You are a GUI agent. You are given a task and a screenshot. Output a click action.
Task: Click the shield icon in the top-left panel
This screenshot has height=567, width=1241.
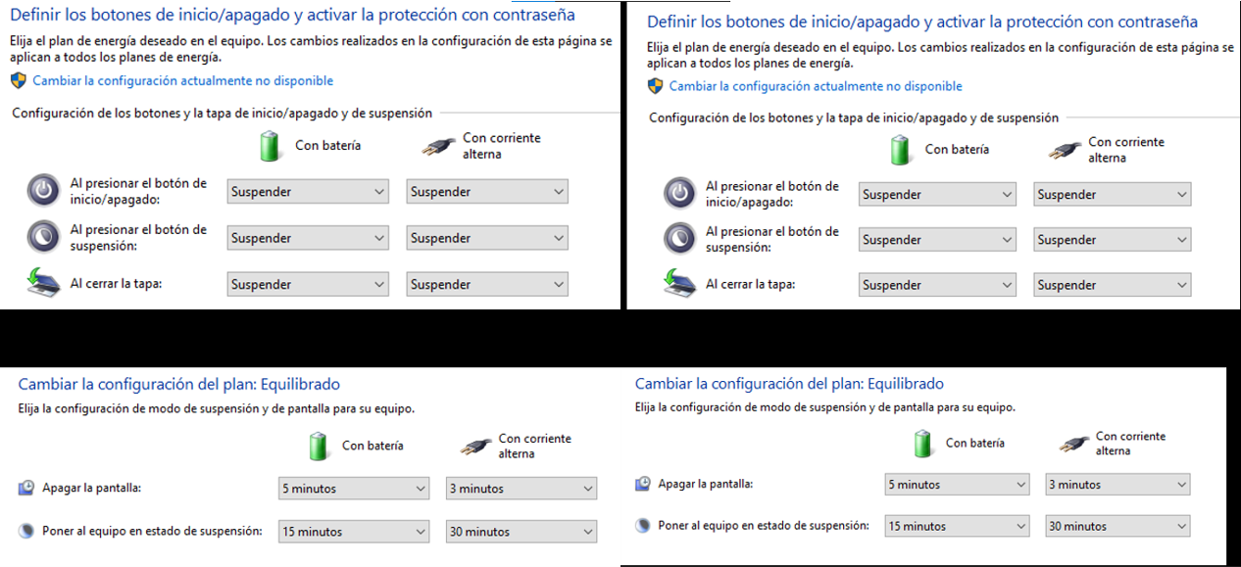[19, 81]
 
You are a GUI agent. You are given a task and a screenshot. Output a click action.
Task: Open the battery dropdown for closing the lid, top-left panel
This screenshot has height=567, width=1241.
[308, 284]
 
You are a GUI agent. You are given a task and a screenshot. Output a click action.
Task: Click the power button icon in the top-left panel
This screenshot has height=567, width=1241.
[43, 191]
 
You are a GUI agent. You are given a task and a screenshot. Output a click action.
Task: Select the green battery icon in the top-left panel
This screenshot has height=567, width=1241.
[270, 146]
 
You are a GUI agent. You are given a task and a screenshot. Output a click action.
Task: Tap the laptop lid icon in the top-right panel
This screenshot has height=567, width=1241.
[679, 283]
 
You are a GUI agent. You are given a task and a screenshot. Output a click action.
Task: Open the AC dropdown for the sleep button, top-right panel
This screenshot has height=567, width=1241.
[1112, 240]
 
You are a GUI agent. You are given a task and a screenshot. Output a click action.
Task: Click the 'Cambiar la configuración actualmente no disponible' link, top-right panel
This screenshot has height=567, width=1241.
[816, 86]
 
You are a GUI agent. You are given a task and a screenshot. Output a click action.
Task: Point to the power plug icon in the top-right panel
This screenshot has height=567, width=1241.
[1065, 150]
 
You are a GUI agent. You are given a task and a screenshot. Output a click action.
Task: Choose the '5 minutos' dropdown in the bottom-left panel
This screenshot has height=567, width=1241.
[354, 489]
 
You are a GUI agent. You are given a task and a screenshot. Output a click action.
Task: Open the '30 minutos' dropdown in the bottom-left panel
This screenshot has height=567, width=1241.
[521, 532]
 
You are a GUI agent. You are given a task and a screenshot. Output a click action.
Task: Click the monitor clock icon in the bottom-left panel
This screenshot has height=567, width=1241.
[26, 488]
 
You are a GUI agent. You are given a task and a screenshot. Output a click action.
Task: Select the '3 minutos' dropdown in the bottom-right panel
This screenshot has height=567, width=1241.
[1117, 485]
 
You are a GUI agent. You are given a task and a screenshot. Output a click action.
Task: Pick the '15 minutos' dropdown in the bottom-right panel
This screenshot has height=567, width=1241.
[957, 526]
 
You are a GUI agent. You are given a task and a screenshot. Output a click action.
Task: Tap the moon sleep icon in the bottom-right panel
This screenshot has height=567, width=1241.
[643, 525]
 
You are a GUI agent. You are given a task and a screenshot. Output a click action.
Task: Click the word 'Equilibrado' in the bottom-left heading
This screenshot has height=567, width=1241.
[300, 384]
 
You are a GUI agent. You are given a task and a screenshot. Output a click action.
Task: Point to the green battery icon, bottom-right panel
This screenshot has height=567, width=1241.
[922, 444]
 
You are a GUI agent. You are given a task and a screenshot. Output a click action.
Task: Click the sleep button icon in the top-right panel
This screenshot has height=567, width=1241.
[679, 239]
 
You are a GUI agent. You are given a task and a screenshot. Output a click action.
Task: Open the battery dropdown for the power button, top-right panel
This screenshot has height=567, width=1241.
[937, 194]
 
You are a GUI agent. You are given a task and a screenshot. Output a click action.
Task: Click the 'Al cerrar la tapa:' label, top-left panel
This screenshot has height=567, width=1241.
[116, 284]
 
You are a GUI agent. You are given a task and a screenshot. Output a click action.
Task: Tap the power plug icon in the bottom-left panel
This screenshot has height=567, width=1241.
[475, 446]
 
